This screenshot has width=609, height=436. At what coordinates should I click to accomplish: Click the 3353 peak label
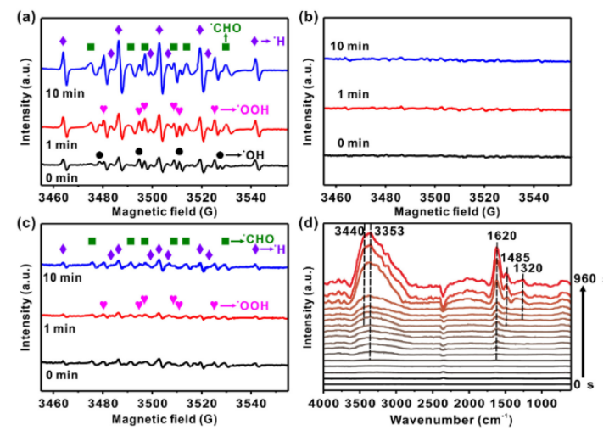[388, 230]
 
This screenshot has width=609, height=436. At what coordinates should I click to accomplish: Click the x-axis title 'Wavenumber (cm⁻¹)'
[454, 421]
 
